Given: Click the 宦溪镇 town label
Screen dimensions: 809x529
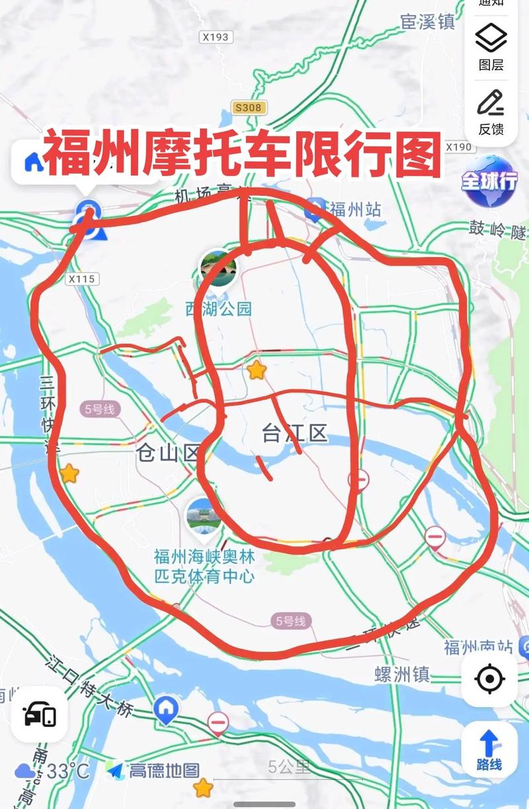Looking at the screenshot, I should pyautogui.click(x=428, y=22).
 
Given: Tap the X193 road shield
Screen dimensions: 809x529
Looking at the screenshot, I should pyautogui.click(x=216, y=37).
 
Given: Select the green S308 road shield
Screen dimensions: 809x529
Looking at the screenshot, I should pyautogui.click(x=248, y=107).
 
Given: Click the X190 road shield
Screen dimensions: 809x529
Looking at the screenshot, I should pyautogui.click(x=458, y=147).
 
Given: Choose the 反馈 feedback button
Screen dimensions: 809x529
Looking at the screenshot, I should pyautogui.click(x=491, y=112).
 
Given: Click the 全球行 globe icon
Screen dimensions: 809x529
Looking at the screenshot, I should pyautogui.click(x=489, y=182).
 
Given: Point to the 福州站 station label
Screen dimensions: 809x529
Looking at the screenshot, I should pyautogui.click(x=355, y=210).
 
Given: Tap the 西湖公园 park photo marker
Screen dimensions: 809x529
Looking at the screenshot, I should pyautogui.click(x=218, y=269).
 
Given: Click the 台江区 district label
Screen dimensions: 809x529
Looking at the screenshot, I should pyautogui.click(x=294, y=434).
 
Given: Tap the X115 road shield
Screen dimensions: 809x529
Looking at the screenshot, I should pyautogui.click(x=81, y=279).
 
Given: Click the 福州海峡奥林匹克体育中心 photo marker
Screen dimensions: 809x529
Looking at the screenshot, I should pyautogui.click(x=204, y=517).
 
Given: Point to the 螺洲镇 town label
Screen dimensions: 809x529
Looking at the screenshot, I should pyautogui.click(x=402, y=674).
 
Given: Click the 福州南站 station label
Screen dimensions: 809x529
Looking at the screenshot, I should pyautogui.click(x=479, y=647).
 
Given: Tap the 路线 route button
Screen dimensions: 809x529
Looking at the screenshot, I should pyautogui.click(x=489, y=749).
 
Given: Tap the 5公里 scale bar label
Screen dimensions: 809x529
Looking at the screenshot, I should pyautogui.click(x=289, y=767).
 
